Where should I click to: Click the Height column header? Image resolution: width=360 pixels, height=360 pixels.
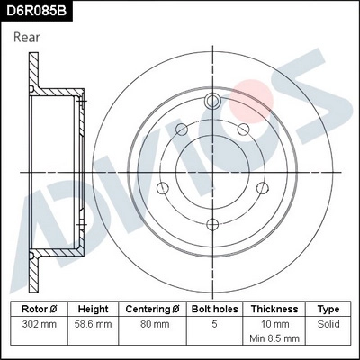(94, 308)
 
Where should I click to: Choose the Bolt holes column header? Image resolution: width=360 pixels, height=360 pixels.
(213, 308)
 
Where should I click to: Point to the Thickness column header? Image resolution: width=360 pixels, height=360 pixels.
(274, 308)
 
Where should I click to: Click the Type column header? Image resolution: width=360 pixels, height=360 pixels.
(329, 308)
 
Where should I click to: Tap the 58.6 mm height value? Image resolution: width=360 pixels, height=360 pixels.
(94, 323)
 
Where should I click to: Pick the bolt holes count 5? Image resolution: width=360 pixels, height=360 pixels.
(213, 323)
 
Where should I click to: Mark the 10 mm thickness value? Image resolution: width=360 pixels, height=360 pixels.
(274, 323)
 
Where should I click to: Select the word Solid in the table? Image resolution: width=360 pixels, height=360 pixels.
(329, 323)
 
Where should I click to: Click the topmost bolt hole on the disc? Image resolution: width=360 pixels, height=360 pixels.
(212, 100)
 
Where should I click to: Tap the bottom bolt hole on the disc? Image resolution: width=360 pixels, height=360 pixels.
(212, 225)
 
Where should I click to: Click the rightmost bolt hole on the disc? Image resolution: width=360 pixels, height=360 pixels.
(263, 187)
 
